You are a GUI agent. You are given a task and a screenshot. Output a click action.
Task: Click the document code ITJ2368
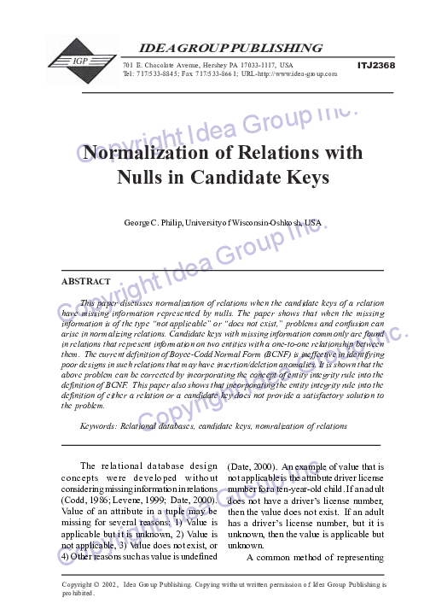coord(376,65)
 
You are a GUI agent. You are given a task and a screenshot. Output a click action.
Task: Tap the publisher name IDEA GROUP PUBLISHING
coord(225,47)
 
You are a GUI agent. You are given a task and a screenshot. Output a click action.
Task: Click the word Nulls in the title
coord(140,179)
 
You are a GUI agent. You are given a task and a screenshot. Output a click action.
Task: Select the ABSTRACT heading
coord(85,281)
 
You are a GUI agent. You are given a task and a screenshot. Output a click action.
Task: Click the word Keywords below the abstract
coord(100,425)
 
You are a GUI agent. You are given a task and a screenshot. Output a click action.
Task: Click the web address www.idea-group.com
coord(299,73)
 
